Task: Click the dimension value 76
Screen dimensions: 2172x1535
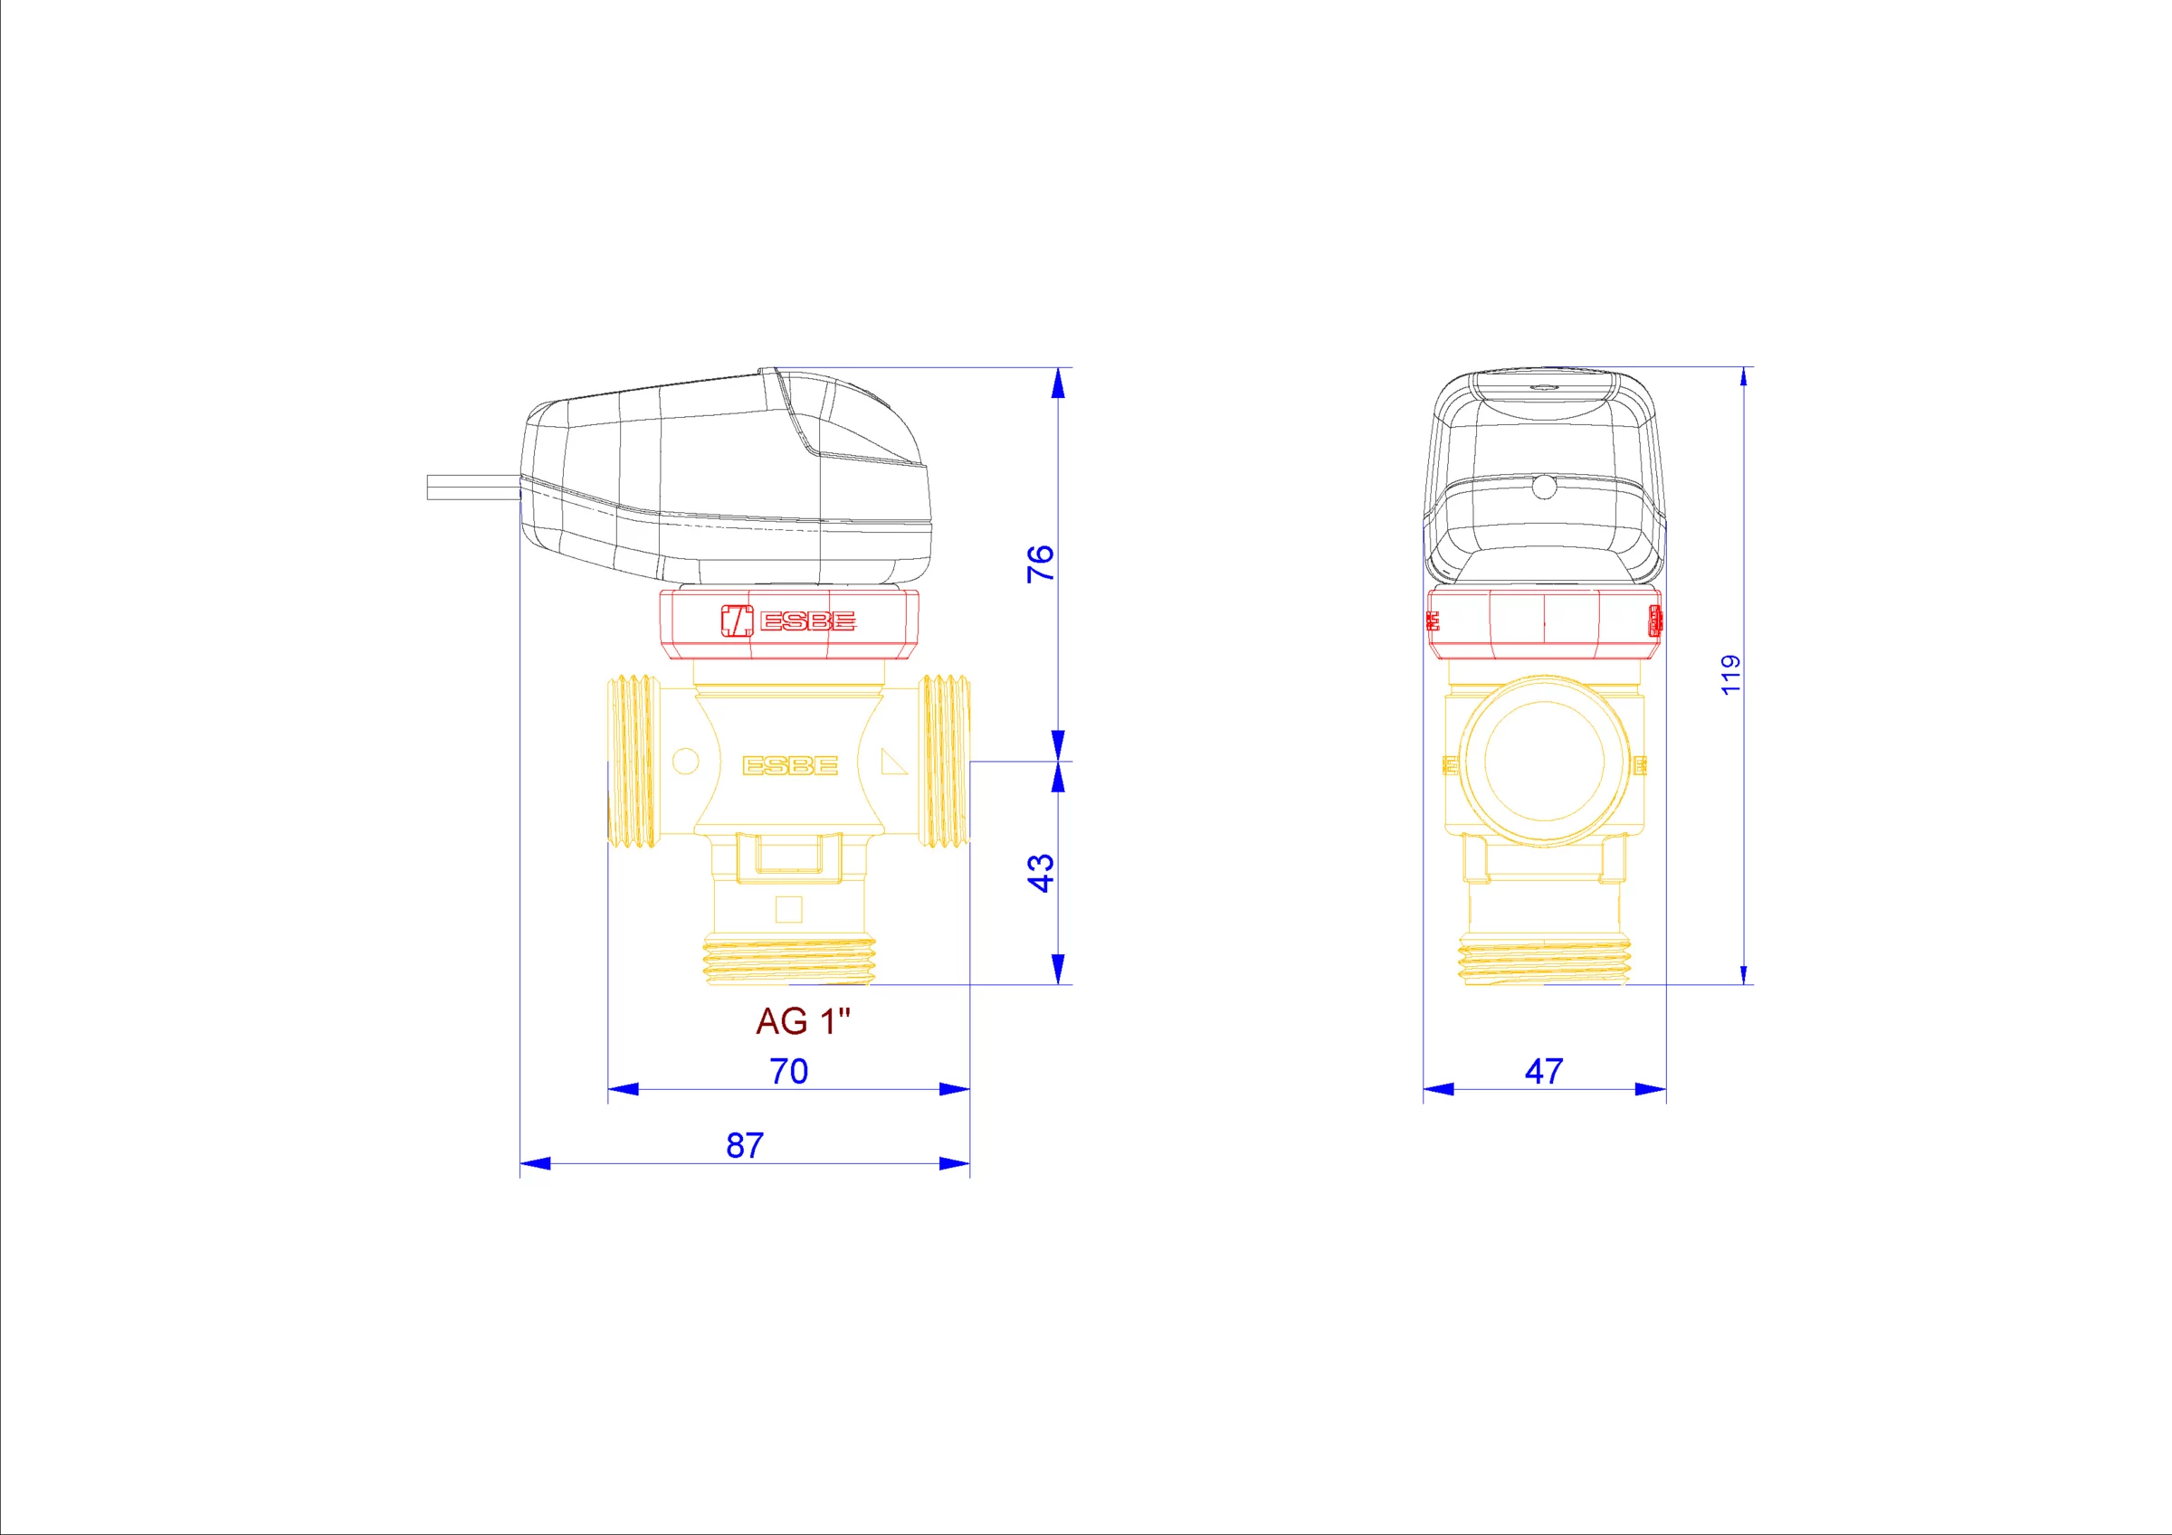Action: click(1040, 564)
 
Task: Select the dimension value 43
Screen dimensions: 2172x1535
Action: click(1040, 873)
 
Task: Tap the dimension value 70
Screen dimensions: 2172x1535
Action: click(789, 1072)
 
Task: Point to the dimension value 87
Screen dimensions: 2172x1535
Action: click(745, 1145)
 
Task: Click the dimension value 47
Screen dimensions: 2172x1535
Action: click(1544, 1072)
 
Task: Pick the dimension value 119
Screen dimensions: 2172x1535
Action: click(1730, 675)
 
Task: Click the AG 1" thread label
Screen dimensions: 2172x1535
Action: click(803, 1021)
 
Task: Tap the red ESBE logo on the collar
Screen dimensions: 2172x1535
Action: click(788, 621)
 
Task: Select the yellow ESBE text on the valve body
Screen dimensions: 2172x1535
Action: click(790, 765)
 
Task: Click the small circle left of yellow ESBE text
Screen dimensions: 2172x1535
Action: click(685, 762)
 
